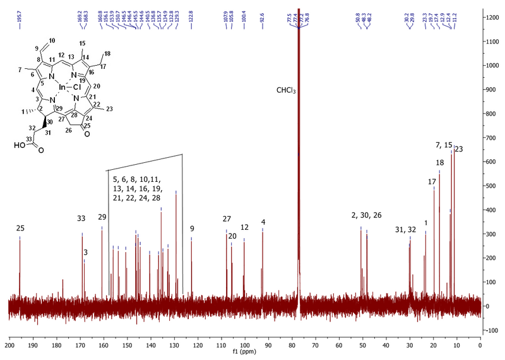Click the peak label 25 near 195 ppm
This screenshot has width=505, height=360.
point(20,228)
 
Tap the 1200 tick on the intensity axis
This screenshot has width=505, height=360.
point(492,18)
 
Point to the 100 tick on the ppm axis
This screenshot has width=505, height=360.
point(245,345)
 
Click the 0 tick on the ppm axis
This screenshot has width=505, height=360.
point(480,345)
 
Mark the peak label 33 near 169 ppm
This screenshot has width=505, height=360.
point(81,219)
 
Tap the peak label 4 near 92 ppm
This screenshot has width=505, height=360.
point(263,222)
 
